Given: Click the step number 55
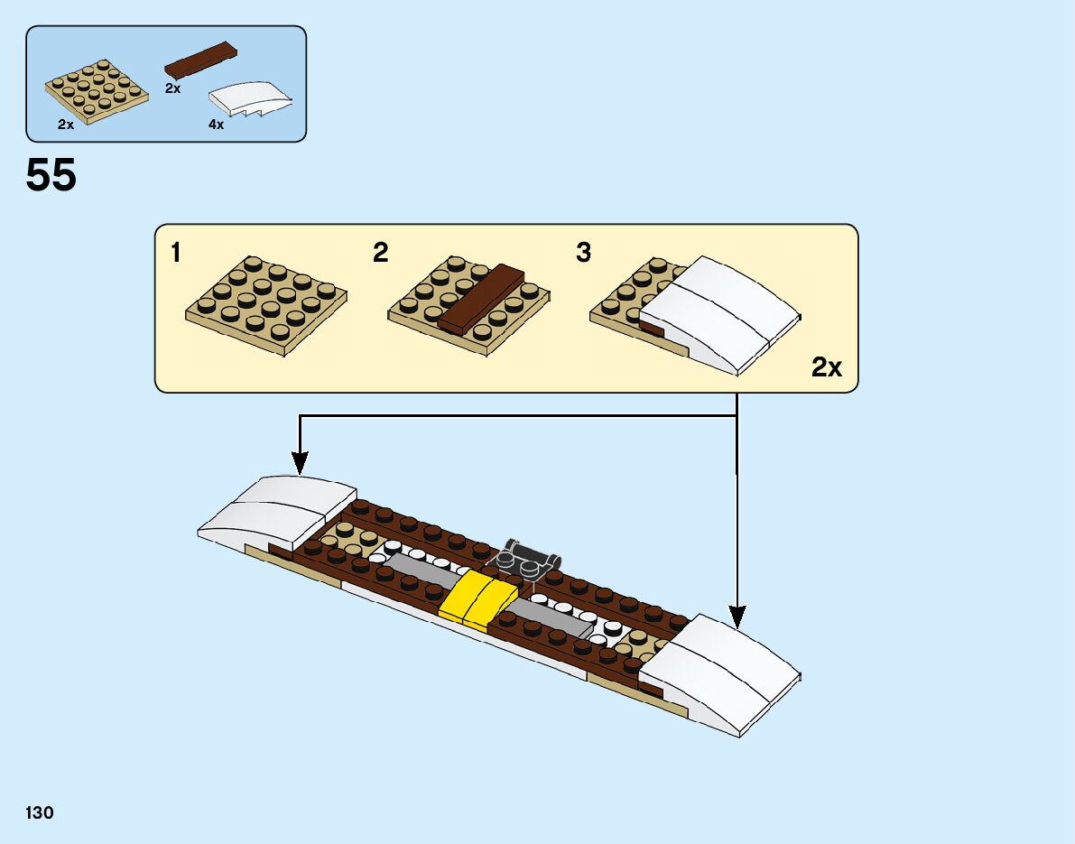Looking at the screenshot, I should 51,175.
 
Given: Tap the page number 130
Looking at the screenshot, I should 40,813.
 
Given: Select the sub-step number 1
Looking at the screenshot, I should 175,254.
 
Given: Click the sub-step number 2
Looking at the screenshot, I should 380,254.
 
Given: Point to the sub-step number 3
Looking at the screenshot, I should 583,254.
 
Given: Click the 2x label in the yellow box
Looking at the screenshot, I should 826,367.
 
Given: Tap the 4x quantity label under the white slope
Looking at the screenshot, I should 216,125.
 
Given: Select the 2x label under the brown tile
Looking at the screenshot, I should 172,89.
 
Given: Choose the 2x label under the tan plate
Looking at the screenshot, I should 65,125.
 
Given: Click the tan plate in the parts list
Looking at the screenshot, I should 97,90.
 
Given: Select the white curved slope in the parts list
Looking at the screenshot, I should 251,97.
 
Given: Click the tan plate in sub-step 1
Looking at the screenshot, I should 266,303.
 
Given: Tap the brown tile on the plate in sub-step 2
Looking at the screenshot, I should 481,297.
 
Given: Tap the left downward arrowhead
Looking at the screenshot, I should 300,465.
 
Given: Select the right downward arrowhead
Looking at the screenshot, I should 737,618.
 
